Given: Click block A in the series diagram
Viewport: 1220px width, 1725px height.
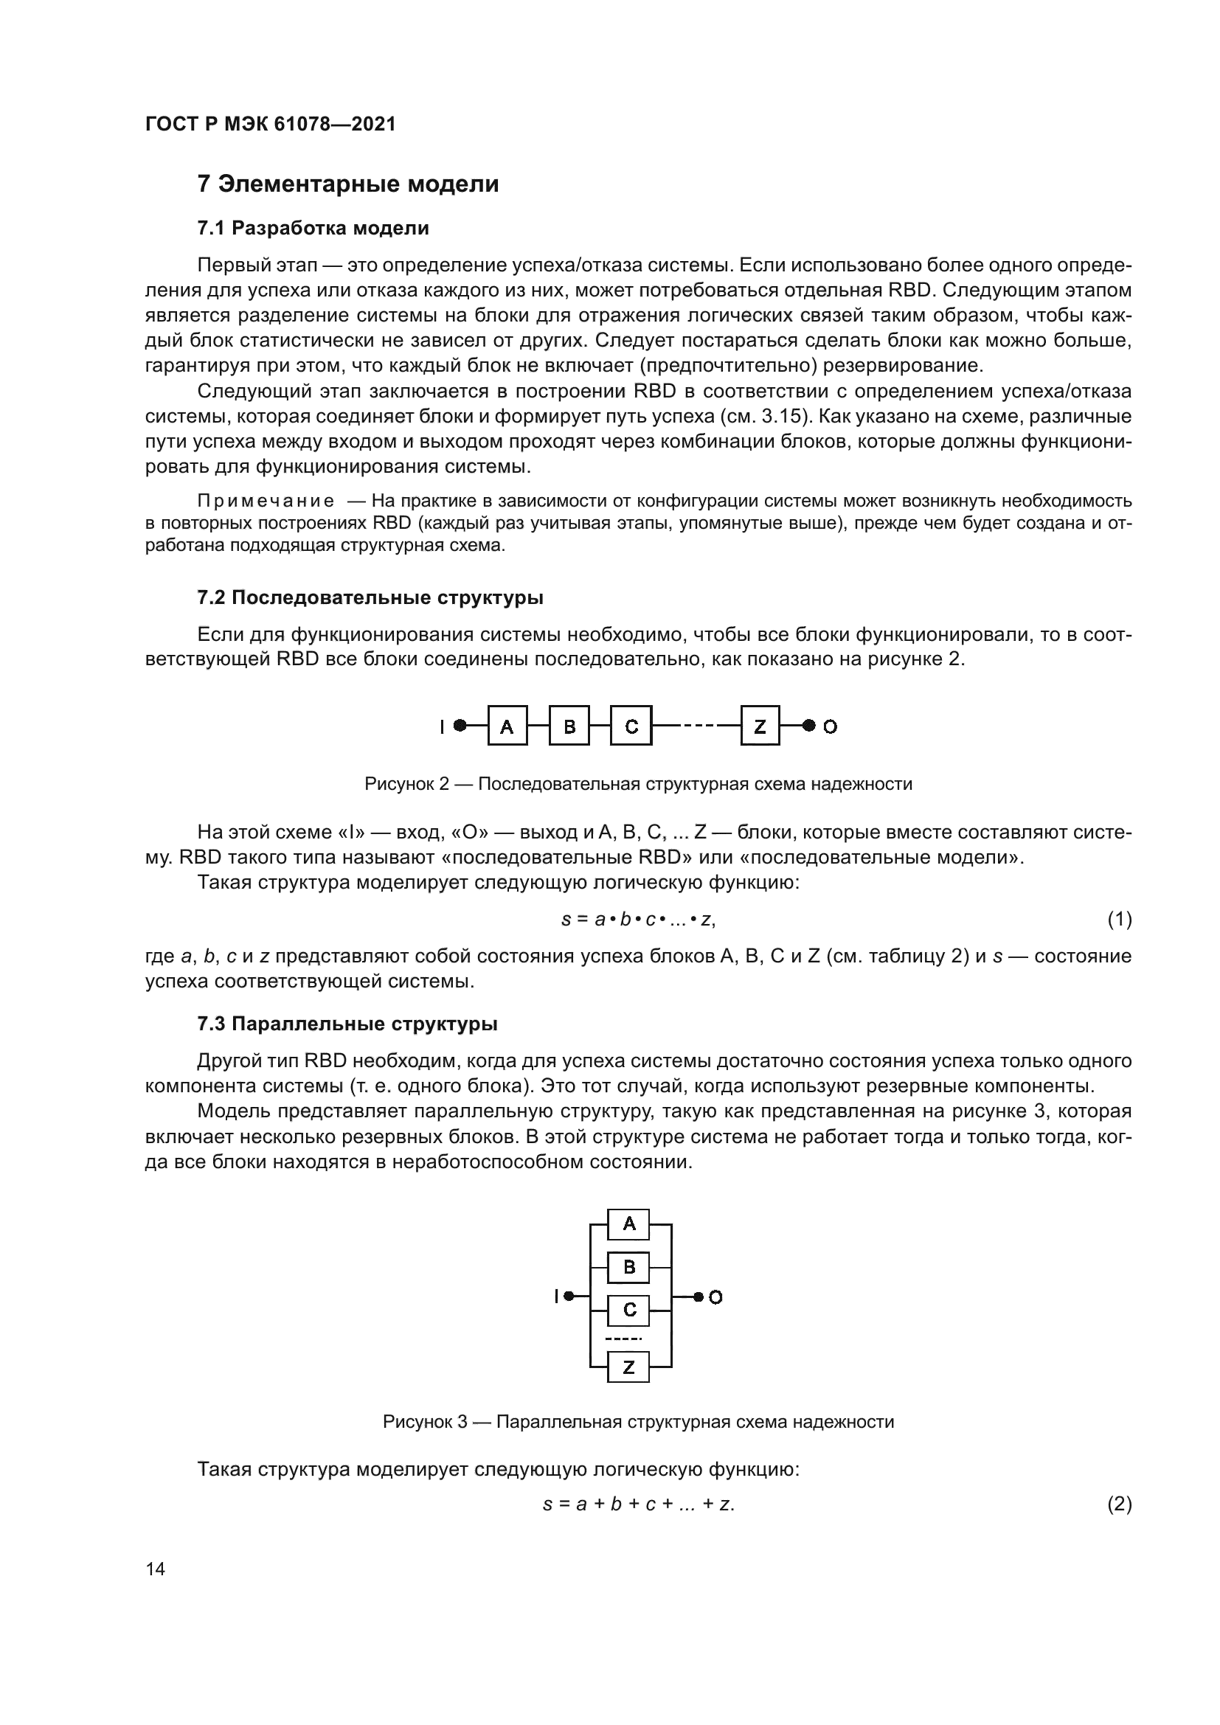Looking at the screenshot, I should (x=507, y=726).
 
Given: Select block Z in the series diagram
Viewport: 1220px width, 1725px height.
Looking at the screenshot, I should (x=760, y=726).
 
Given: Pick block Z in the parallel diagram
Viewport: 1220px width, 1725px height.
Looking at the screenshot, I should (x=628, y=1367).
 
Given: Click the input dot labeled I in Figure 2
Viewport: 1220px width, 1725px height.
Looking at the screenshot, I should (x=460, y=726).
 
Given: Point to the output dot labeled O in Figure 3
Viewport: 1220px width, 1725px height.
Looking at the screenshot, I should (x=698, y=1297).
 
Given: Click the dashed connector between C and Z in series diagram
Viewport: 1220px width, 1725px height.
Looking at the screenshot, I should (x=696, y=726).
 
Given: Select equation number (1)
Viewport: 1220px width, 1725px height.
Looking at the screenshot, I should (x=1120, y=919).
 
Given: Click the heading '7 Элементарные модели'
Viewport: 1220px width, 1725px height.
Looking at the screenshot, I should (x=348, y=184).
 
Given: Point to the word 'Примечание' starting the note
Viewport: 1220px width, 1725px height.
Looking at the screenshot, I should (x=266, y=501).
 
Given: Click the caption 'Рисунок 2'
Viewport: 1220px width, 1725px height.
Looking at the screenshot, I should (x=406, y=785).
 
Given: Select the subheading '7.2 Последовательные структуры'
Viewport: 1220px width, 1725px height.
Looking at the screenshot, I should (x=370, y=598).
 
